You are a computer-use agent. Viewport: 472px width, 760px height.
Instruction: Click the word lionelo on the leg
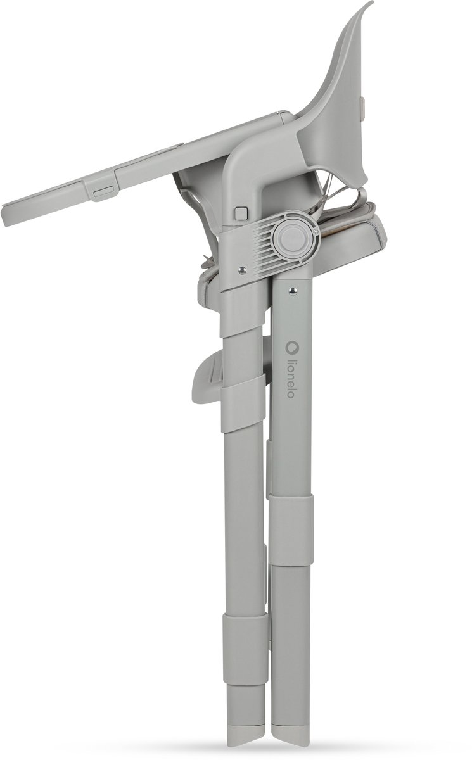pyautogui.click(x=290, y=377)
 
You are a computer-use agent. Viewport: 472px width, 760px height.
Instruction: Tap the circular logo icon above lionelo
pyautogui.click(x=290, y=346)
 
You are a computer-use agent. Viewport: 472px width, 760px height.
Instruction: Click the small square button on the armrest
pyautogui.click(x=241, y=213)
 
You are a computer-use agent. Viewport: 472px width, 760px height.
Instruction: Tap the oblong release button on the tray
pyautogui.click(x=103, y=193)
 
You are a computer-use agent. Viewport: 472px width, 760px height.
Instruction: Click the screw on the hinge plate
pyautogui.click(x=241, y=269)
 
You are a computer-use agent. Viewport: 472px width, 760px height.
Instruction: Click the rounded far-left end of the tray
pyautogui.click(x=6, y=215)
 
